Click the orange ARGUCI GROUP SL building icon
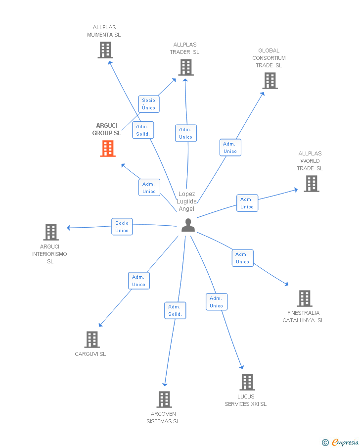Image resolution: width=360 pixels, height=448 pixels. (108, 149)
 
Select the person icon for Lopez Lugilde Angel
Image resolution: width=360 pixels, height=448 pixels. (188, 225)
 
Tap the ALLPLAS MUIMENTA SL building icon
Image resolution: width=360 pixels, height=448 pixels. (105, 50)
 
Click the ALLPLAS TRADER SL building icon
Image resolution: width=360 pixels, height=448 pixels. (185, 67)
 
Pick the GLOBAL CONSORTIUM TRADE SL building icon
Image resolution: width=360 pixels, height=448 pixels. (270, 81)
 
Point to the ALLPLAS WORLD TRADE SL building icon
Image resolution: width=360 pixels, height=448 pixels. (311, 184)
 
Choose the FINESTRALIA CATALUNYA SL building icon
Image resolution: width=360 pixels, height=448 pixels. (304, 299)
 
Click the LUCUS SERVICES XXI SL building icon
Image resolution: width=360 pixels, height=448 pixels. (247, 382)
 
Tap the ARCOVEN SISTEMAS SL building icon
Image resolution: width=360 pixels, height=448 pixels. (164, 399)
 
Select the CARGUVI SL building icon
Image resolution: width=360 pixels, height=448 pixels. (91, 340)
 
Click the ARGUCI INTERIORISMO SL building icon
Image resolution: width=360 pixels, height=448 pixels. (51, 232)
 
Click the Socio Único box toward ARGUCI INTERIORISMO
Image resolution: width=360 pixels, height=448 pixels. (122, 227)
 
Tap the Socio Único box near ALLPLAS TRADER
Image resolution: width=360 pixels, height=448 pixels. (148, 104)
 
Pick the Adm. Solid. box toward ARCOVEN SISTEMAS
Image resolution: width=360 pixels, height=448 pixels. (175, 310)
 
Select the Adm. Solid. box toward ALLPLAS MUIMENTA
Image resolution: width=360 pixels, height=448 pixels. (143, 130)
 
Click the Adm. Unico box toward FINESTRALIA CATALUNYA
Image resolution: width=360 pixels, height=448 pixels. (242, 258)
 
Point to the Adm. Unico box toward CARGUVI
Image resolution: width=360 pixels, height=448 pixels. (138, 281)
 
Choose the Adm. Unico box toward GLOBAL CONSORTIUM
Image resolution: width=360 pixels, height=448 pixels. (230, 148)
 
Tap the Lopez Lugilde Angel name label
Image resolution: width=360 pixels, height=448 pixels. (187, 201)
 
